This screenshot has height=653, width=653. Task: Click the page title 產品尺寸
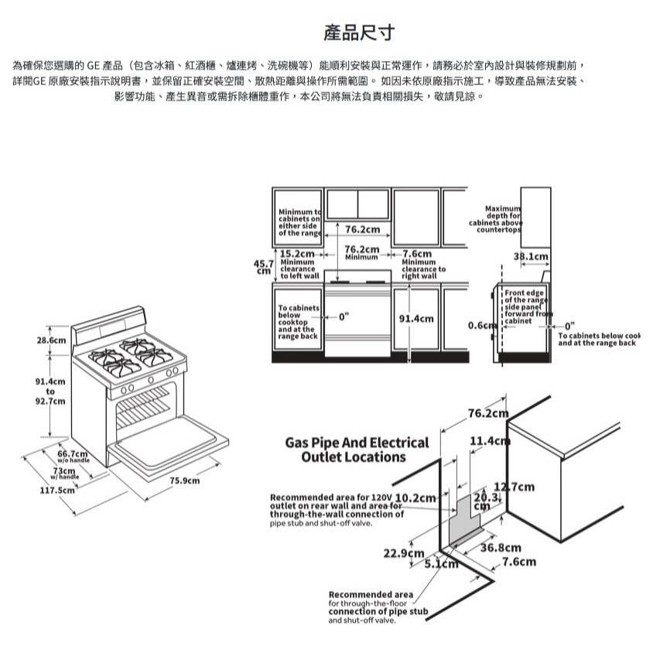click(x=359, y=32)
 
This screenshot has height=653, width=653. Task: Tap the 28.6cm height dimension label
click(x=50, y=340)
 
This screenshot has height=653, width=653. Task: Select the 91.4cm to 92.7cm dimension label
click(x=50, y=391)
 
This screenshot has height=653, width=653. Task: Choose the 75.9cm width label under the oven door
click(x=184, y=481)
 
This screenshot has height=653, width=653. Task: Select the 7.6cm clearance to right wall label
click(x=416, y=254)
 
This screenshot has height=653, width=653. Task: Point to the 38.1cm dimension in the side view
click(x=532, y=256)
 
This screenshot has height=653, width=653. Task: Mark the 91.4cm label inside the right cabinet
click(x=416, y=319)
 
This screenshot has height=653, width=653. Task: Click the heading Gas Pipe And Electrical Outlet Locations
click(x=356, y=450)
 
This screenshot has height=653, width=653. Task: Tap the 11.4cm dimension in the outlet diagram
click(x=489, y=443)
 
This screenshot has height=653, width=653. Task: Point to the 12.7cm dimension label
click(x=514, y=487)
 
